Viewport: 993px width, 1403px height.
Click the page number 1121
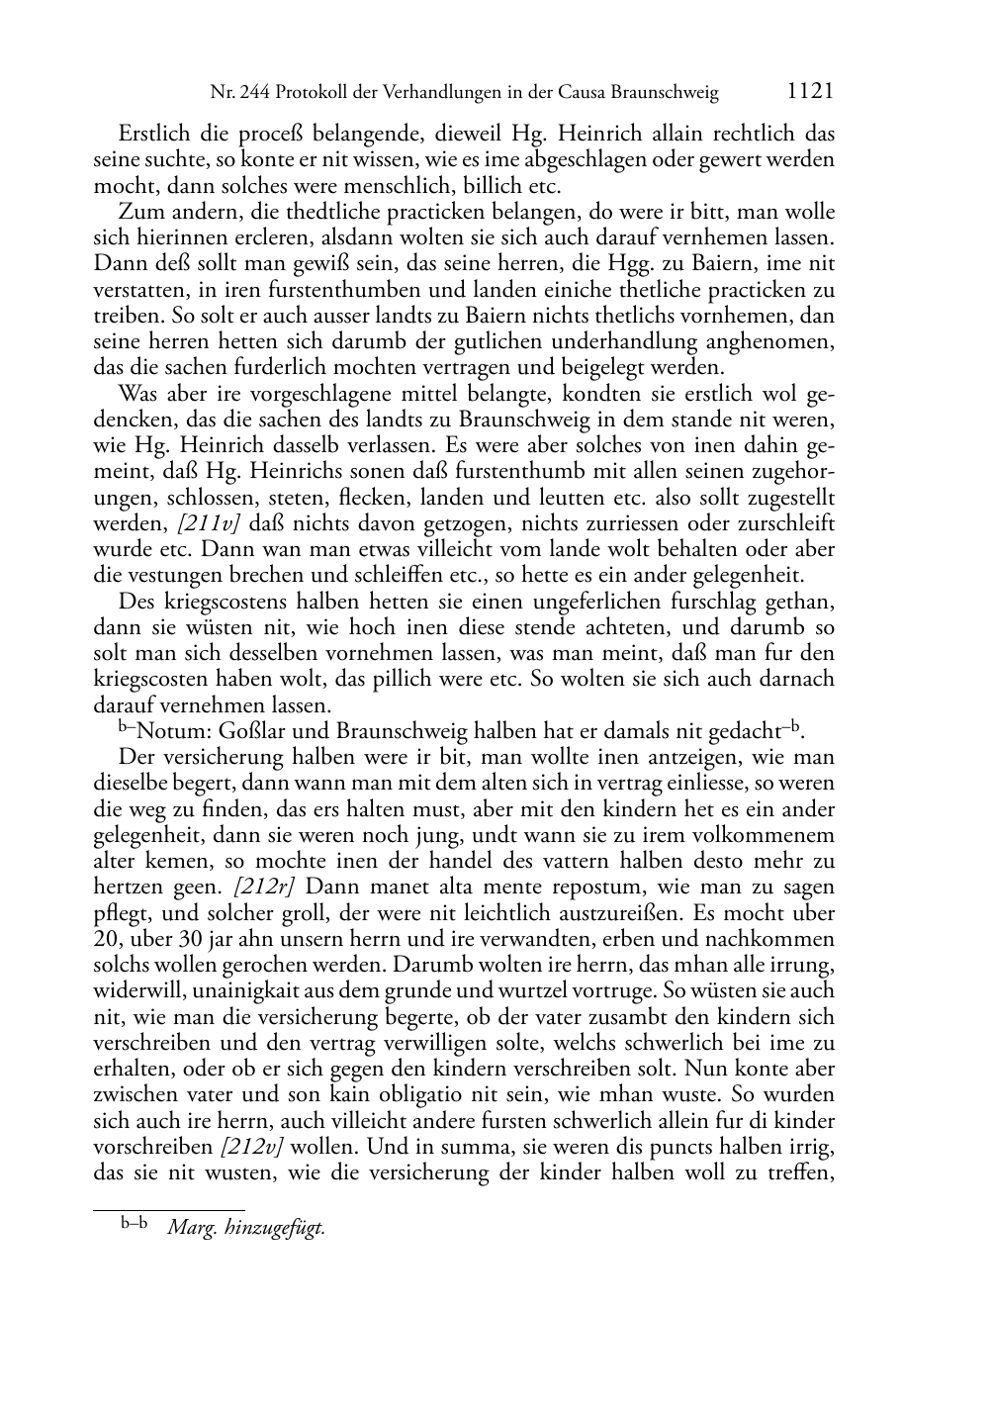coord(810,92)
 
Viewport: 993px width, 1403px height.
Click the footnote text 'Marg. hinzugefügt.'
coord(246,1228)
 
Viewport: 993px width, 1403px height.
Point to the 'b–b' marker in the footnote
coord(135,1225)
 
